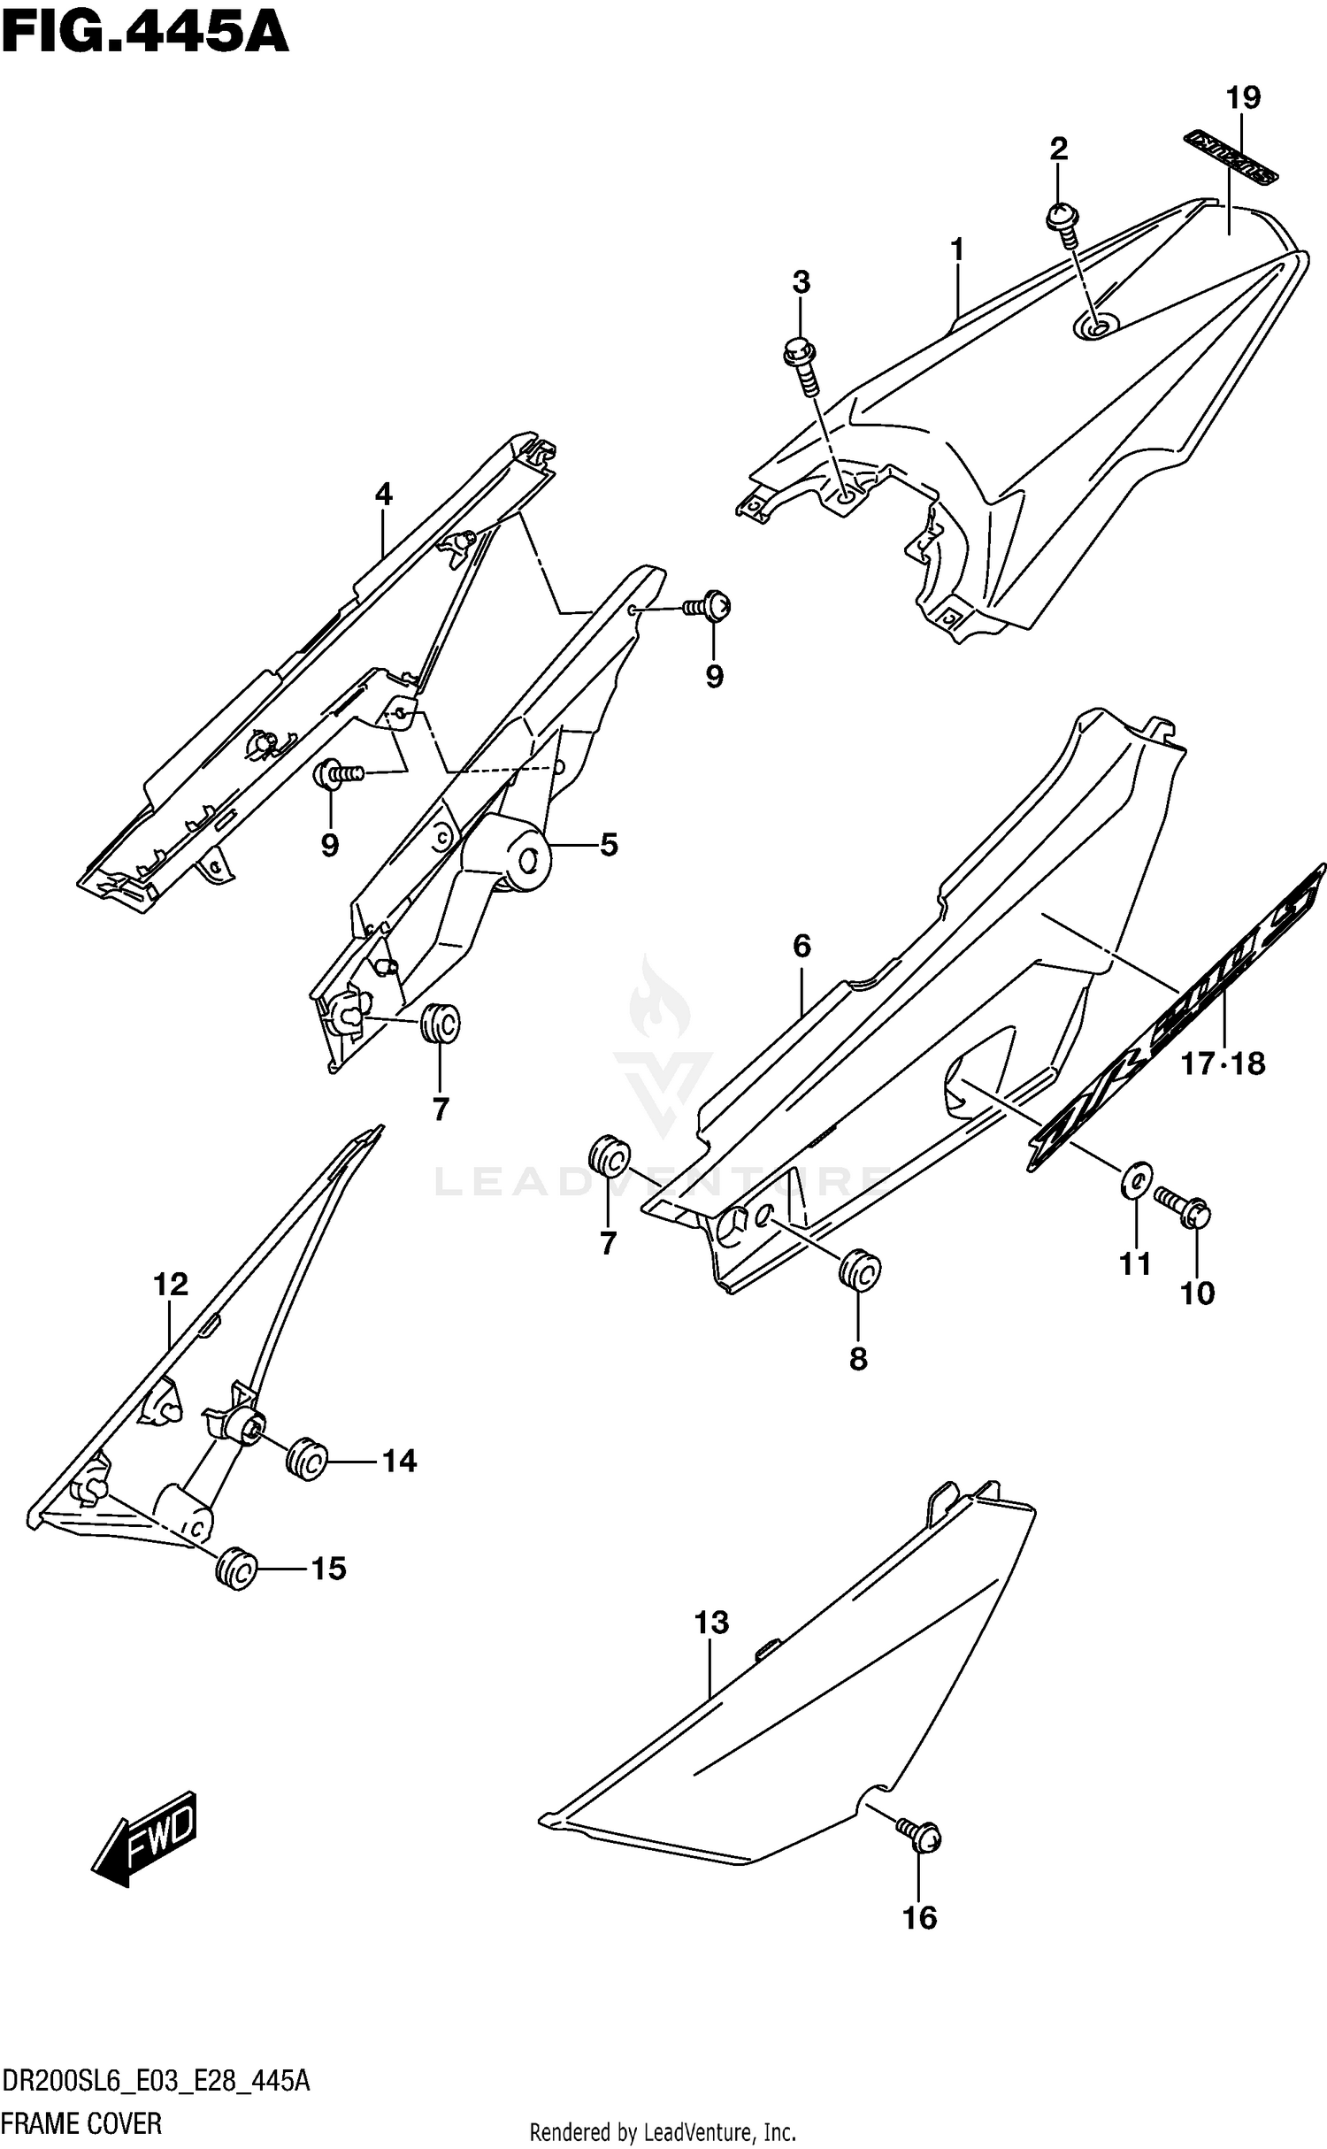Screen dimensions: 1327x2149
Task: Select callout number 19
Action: [x=1242, y=97]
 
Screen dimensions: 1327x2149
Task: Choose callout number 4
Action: [x=383, y=494]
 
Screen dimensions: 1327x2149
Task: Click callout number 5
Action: [x=608, y=845]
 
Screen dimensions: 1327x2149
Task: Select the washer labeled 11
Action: [x=1136, y=1178]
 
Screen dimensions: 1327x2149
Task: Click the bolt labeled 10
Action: [x=1184, y=1206]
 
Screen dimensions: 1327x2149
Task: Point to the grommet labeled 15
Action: [x=236, y=1570]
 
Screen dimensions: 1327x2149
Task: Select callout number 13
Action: [x=711, y=1622]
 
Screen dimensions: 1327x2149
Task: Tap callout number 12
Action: [x=171, y=1284]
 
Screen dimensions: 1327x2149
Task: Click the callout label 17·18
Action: [x=1223, y=1063]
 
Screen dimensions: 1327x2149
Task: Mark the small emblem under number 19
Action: [x=1231, y=157]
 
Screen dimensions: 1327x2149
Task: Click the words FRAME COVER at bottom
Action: [x=81, y=2122]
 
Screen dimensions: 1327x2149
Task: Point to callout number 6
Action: [x=802, y=946]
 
